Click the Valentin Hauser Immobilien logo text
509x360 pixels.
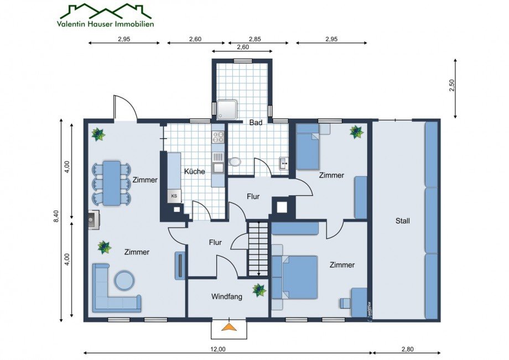pyautogui.click(x=106, y=24)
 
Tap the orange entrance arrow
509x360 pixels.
pyautogui.click(x=230, y=327)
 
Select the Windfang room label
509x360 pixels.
pyautogui.click(x=227, y=296)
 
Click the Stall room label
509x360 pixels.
pyautogui.click(x=403, y=221)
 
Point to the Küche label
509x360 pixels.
pyautogui.click(x=194, y=171)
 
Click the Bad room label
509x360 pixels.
pyautogui.click(x=256, y=123)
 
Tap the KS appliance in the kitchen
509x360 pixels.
pyautogui.click(x=174, y=196)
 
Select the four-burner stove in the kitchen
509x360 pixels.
pyautogui.click(x=218, y=137)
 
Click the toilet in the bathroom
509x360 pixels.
pyautogui.click(x=235, y=161)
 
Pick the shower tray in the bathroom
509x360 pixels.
pyautogui.click(x=227, y=109)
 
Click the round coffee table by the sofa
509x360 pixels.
pyautogui.click(x=124, y=280)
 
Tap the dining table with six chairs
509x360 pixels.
pyautogui.click(x=112, y=183)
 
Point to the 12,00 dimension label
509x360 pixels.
pyautogui.click(x=217, y=349)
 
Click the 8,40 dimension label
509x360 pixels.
pyautogui.click(x=56, y=216)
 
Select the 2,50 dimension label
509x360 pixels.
pyautogui.click(x=452, y=86)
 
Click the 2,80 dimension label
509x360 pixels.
pyautogui.click(x=408, y=349)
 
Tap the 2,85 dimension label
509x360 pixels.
pyautogui.click(x=255, y=39)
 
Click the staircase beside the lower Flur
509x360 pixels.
pyautogui.click(x=258, y=249)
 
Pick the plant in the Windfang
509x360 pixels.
pyautogui.click(x=259, y=290)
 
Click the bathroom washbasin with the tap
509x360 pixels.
pyautogui.click(x=284, y=163)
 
